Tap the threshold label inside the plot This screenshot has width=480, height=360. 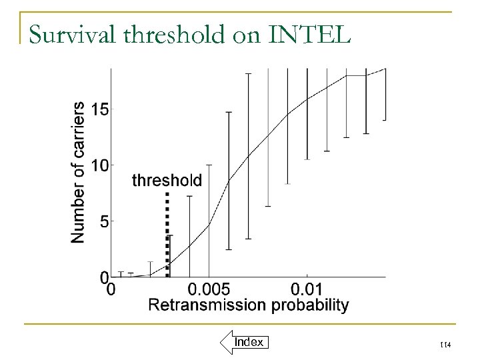click(x=167, y=180)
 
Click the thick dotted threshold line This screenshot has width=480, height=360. click(x=167, y=233)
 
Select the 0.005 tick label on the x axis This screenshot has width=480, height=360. click(x=209, y=289)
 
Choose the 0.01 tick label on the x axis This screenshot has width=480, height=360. click(x=307, y=289)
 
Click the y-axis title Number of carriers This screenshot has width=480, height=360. click(x=78, y=172)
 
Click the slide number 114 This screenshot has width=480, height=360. click(x=445, y=343)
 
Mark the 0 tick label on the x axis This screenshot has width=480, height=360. click(x=111, y=289)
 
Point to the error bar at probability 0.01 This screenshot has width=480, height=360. click(x=307, y=113)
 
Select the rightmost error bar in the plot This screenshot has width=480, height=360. click(x=385, y=93)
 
